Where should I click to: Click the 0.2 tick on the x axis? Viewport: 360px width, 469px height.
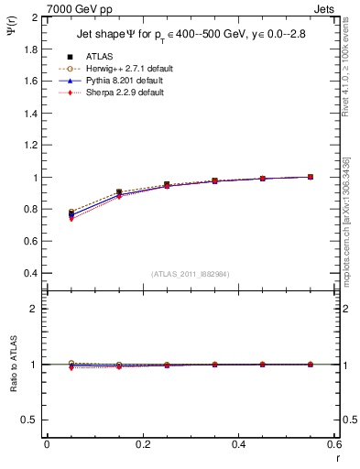point(143,444)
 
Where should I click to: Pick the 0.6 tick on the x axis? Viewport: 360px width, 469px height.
point(334,444)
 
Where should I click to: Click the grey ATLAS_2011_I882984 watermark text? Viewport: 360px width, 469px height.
point(191,275)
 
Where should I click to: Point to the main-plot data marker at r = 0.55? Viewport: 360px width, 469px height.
point(311,177)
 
